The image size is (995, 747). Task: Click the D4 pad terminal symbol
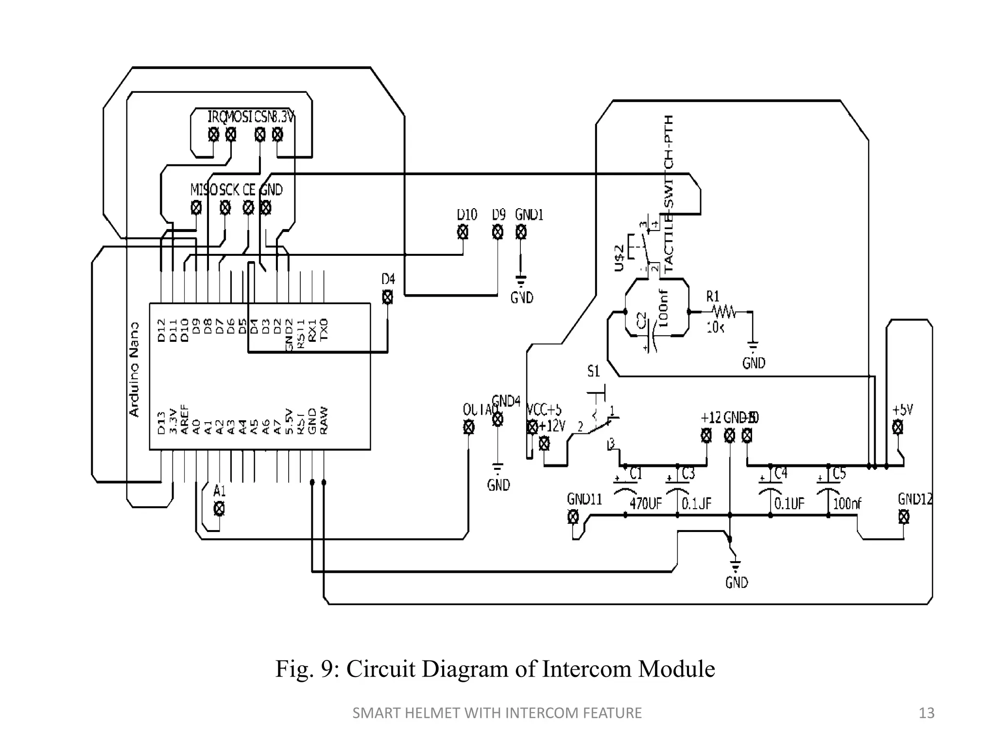pyautogui.click(x=387, y=297)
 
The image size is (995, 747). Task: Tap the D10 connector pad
pyautogui.click(x=463, y=232)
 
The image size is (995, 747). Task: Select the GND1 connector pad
pyautogui.click(x=520, y=232)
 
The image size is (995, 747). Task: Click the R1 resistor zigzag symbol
pyautogui.click(x=724, y=311)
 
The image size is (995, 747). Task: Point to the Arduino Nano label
pyautogui.click(x=134, y=369)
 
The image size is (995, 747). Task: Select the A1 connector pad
pyautogui.click(x=219, y=509)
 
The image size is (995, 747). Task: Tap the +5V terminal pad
pyautogui.click(x=898, y=427)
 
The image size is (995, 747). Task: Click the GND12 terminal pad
pyautogui.click(x=904, y=516)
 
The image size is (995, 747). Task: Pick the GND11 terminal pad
pyautogui.click(x=573, y=516)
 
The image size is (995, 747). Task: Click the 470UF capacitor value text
pyautogui.click(x=646, y=503)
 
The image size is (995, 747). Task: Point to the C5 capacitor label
pyautogui.click(x=839, y=473)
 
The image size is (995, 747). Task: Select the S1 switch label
pyautogui.click(x=593, y=372)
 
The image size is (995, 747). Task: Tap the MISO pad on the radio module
pyautogui.click(x=196, y=208)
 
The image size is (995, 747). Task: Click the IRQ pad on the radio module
pyautogui.click(x=213, y=134)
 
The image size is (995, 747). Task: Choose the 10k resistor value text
pyautogui.click(x=715, y=327)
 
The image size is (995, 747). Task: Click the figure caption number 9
pyautogui.click(x=327, y=669)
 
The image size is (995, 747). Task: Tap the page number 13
pyautogui.click(x=926, y=713)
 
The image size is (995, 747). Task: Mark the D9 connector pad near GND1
pyautogui.click(x=497, y=232)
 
